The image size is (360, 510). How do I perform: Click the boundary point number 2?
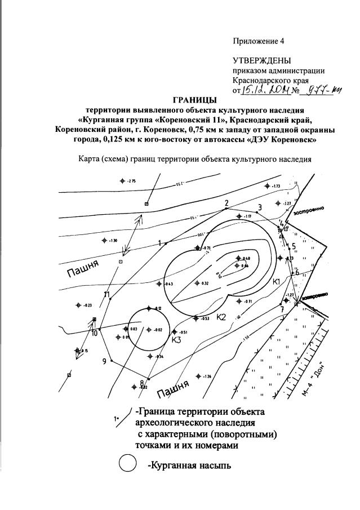point(226,203)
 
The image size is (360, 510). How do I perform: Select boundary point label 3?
point(259,207)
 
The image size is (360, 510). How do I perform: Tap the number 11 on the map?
point(106,294)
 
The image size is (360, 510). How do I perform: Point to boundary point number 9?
point(104,361)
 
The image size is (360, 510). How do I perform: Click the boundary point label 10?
point(94,332)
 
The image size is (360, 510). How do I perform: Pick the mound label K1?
point(276,281)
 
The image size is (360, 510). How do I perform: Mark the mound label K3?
point(176,340)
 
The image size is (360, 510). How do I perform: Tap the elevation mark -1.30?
point(113,241)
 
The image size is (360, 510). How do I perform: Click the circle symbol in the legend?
point(128,464)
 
